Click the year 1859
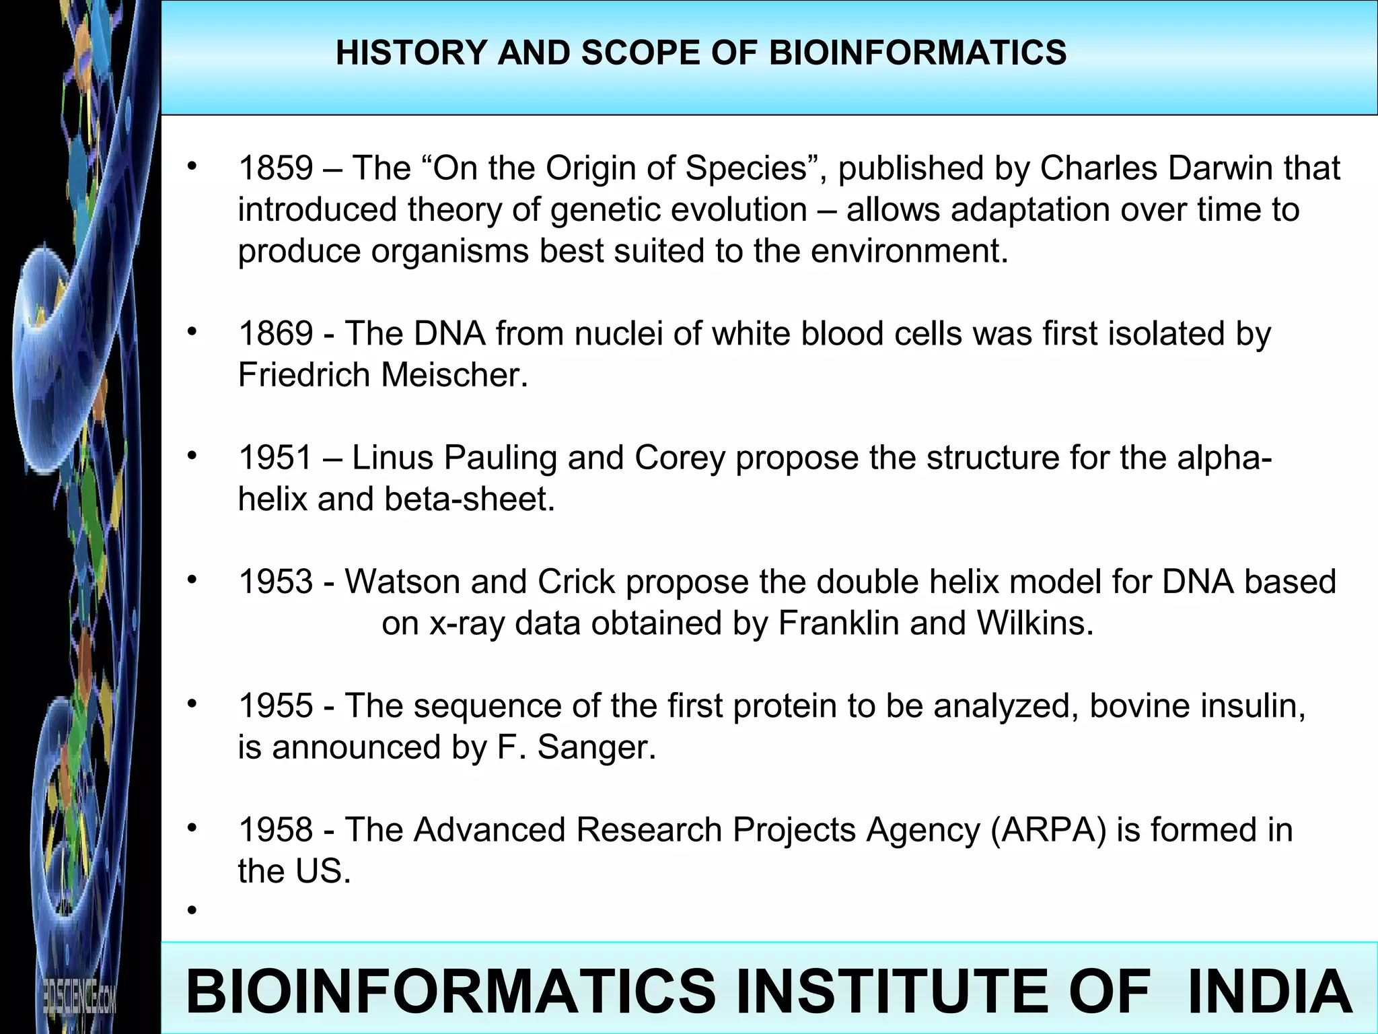click(x=276, y=168)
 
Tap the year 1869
click(x=276, y=334)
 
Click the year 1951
click(x=276, y=458)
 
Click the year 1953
click(x=276, y=582)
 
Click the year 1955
click(x=276, y=705)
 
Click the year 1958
click(x=276, y=829)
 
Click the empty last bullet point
click(x=192, y=911)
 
